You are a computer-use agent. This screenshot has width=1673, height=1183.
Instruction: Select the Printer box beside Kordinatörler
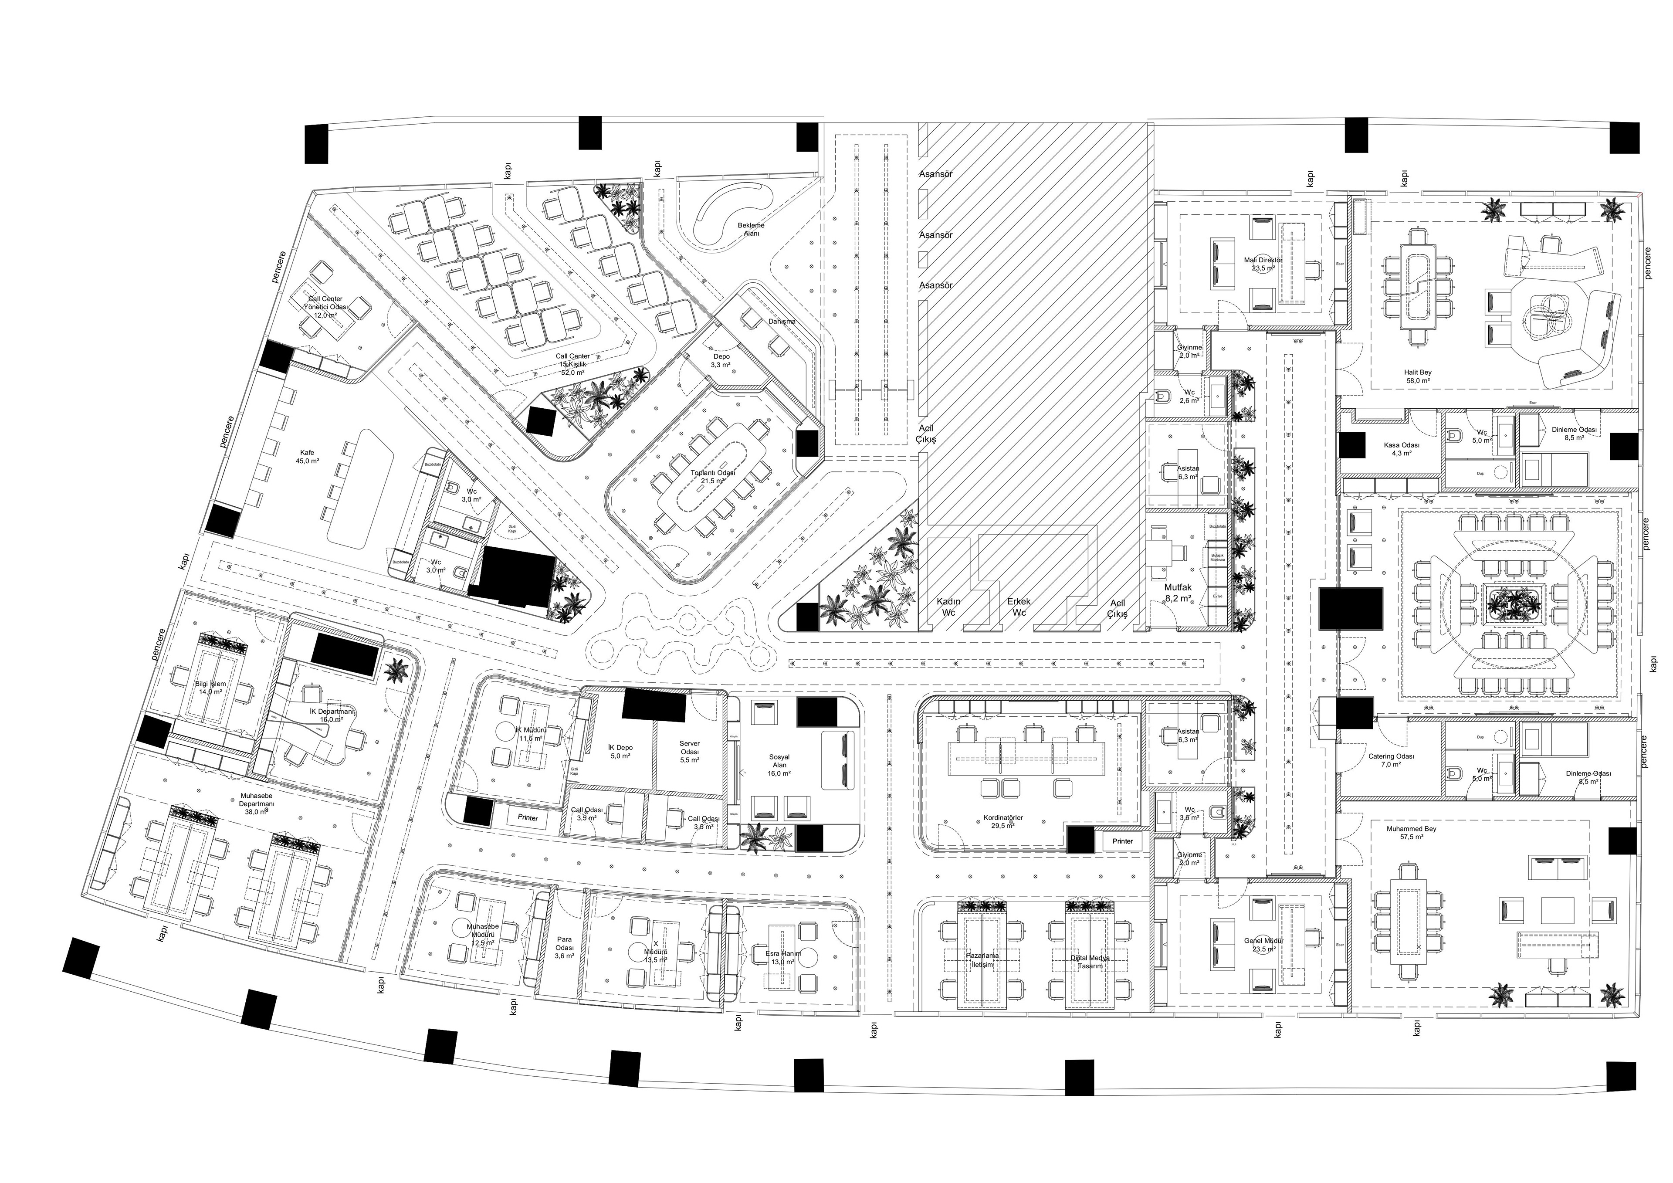[1122, 841]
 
